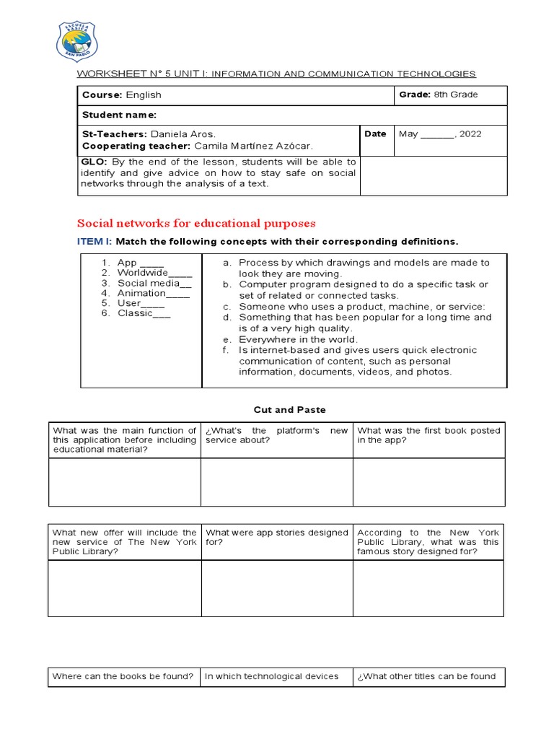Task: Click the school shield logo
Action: pyautogui.click(x=77, y=40)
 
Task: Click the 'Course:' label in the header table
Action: pyautogui.click(x=102, y=95)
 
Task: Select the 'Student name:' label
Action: pyautogui.click(x=118, y=115)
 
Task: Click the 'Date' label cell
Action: pyautogui.click(x=376, y=134)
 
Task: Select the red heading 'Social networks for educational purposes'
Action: pyautogui.click(x=196, y=224)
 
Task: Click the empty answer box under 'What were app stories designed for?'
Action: pyautogui.click(x=276, y=588)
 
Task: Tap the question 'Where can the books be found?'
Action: pyautogui.click(x=123, y=676)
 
